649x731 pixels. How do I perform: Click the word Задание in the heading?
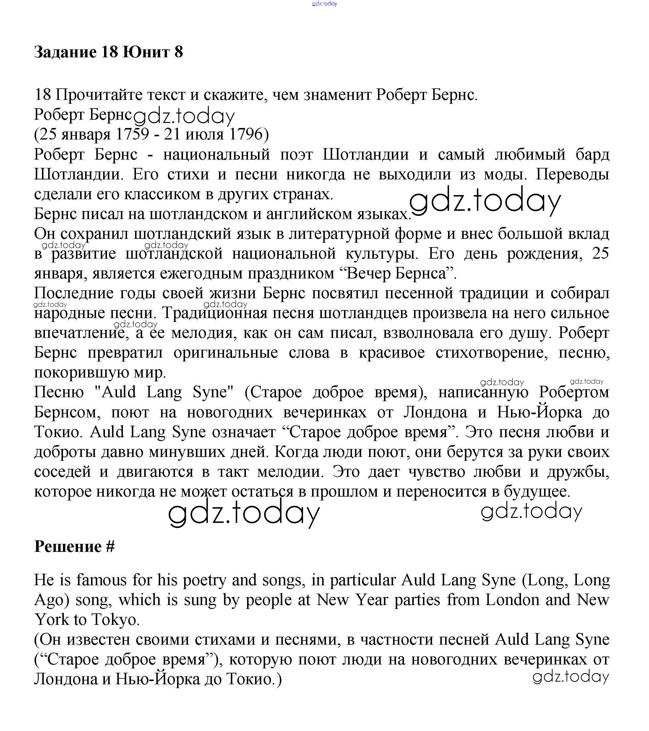pyautogui.click(x=65, y=52)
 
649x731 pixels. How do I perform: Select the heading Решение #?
pyautogui.click(x=74, y=547)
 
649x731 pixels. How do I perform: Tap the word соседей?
pyautogui.click(x=62, y=472)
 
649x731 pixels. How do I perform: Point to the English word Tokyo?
pyautogui.click(x=114, y=620)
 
